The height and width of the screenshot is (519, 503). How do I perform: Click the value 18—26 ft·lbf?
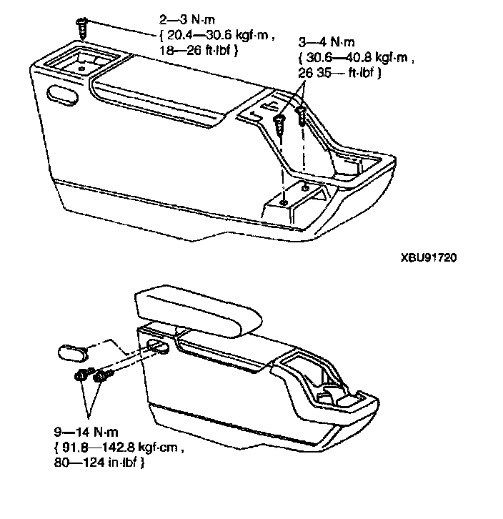[x=197, y=51]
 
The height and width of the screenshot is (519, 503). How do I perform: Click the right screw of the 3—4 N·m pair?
[x=303, y=114]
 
